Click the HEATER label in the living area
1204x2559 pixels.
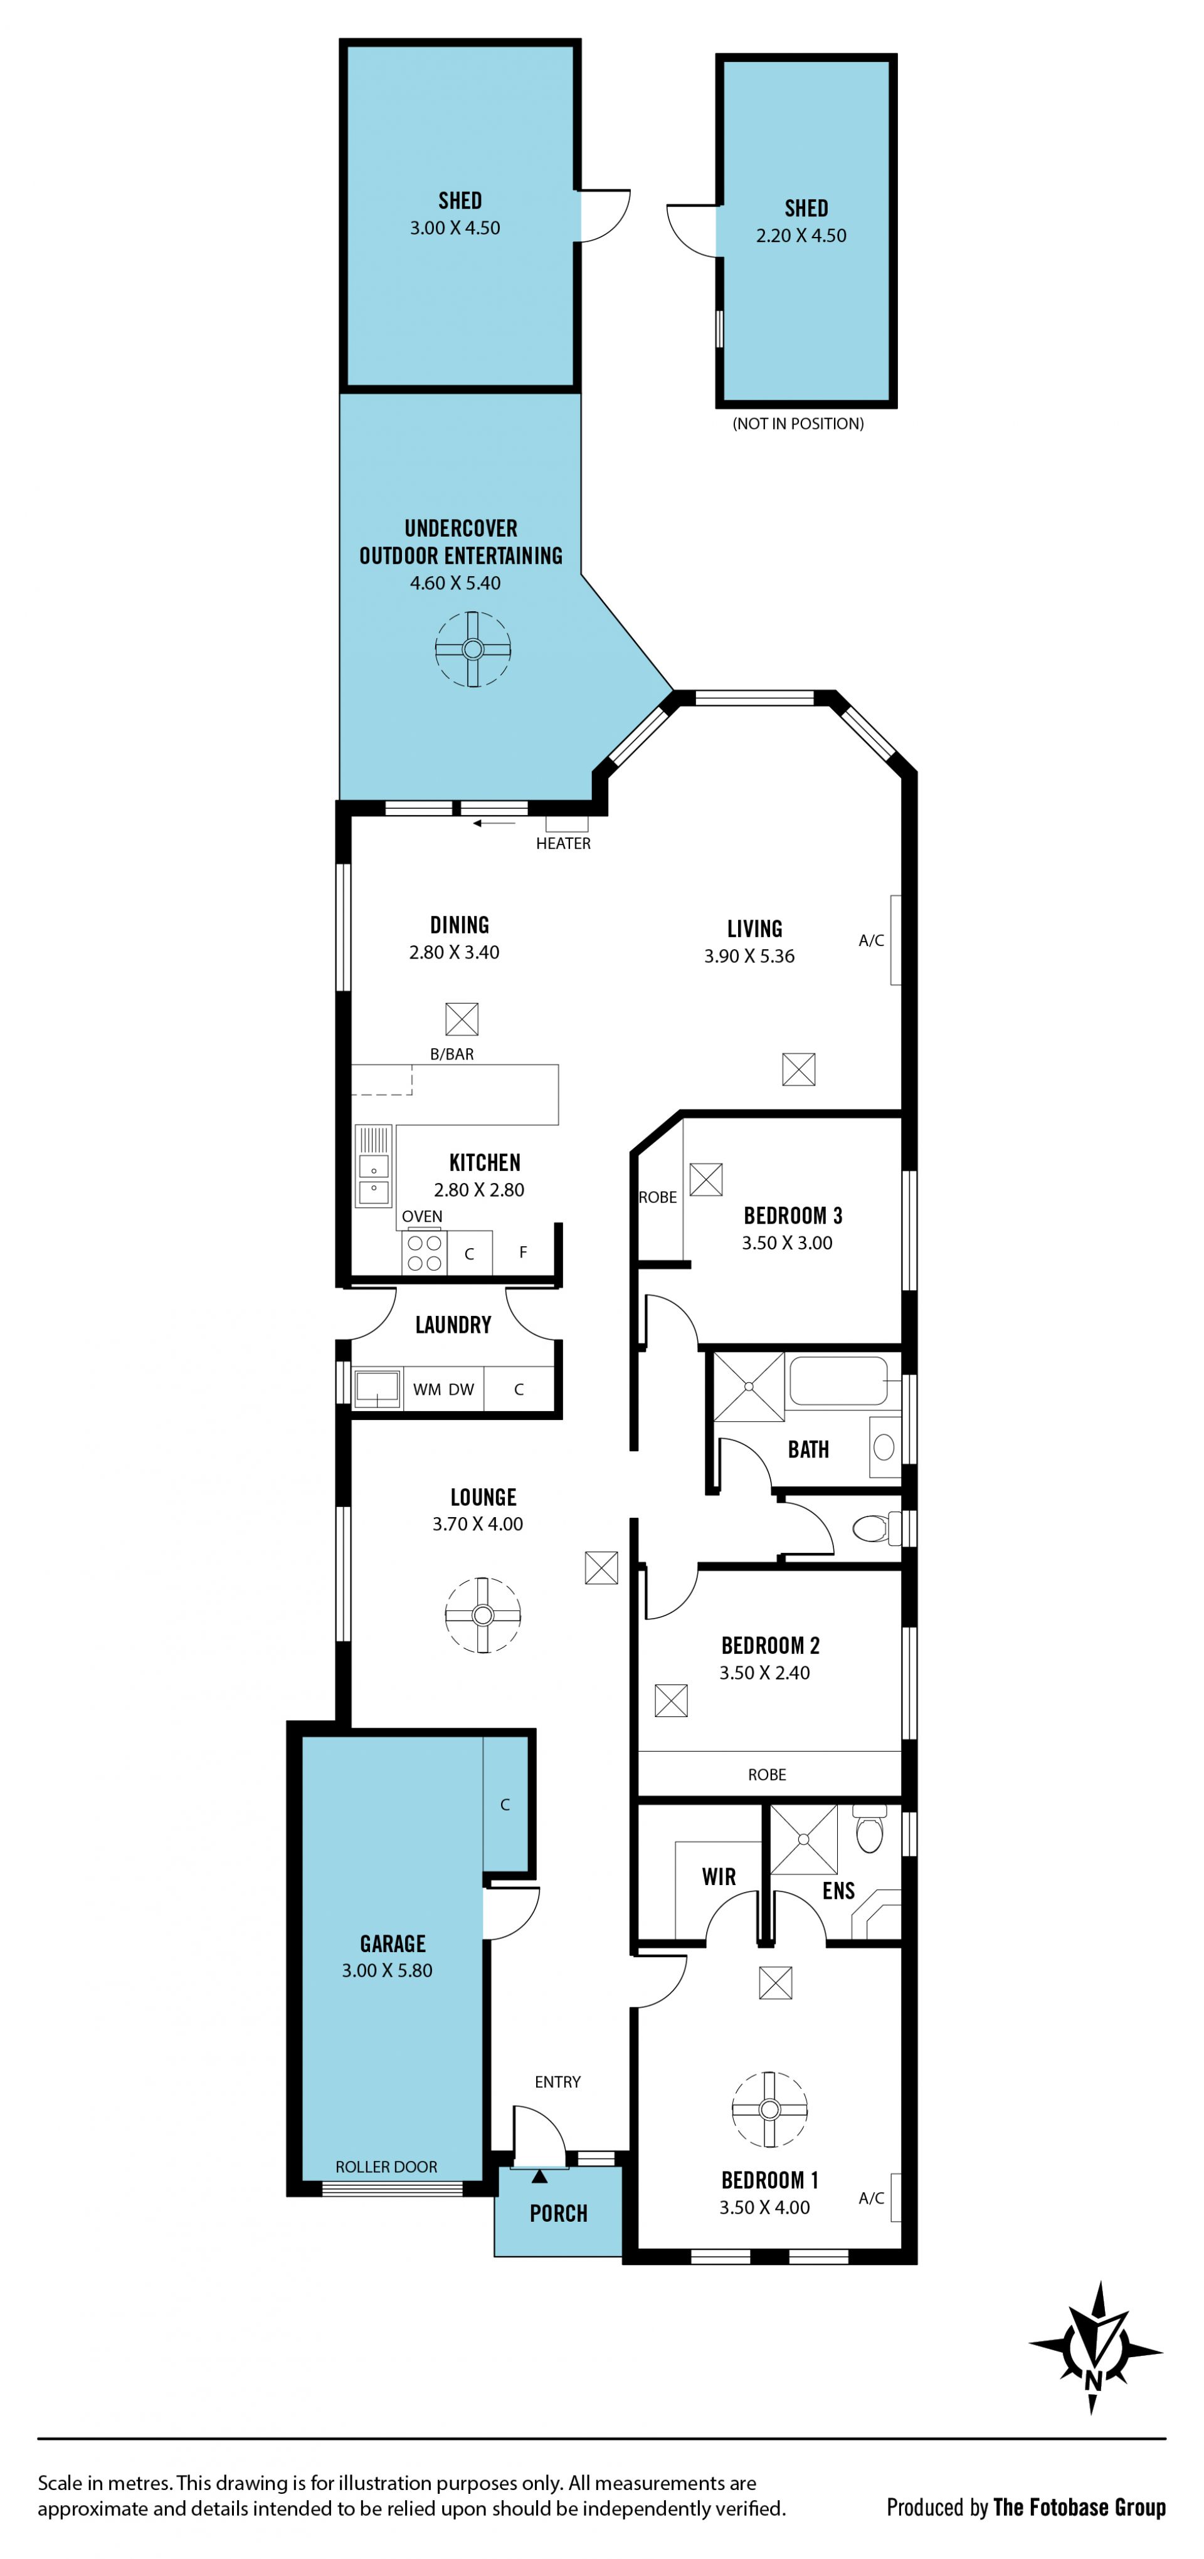563,843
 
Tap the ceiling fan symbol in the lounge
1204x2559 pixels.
483,1614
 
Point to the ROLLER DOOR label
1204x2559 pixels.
386,2167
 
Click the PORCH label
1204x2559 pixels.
558,2214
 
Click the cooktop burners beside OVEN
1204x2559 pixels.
424,1252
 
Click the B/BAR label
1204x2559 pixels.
452,1054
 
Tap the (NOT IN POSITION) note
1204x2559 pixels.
798,424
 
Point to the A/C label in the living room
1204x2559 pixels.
871,941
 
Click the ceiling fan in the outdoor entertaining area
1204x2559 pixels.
473,649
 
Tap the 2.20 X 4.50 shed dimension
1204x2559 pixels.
801,236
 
